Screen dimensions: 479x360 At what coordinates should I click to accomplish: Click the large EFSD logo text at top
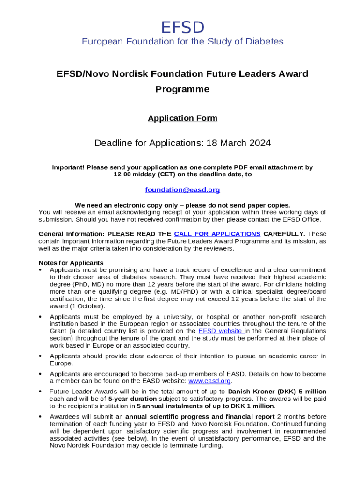click(x=182, y=28)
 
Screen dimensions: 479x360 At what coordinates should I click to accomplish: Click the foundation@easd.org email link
click(x=182, y=190)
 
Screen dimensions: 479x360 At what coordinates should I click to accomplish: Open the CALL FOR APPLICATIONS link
click(x=217, y=234)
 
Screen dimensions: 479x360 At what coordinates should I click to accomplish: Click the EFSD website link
click(x=220, y=331)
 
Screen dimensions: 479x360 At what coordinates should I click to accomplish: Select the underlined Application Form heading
click(x=182, y=118)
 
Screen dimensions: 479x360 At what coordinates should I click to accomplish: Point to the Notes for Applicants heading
click(x=71, y=263)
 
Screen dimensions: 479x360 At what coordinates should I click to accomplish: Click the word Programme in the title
click(x=182, y=89)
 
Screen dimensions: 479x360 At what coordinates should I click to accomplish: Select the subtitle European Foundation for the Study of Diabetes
click(x=182, y=42)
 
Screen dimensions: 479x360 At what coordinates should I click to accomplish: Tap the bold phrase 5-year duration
click(x=126, y=399)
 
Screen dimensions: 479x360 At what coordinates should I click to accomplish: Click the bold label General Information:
click(x=72, y=234)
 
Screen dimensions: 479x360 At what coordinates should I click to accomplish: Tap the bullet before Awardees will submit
click(x=41, y=416)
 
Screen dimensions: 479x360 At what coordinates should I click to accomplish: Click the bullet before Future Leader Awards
click(x=41, y=392)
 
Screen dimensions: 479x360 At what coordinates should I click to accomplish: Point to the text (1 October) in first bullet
click(x=89, y=306)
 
